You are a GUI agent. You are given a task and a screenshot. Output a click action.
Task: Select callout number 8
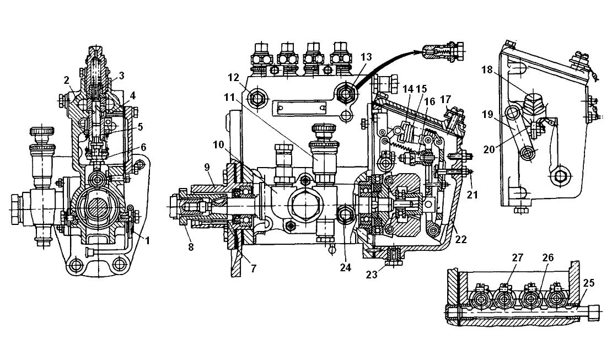click(x=191, y=247)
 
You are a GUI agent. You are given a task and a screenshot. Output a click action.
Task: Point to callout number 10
click(x=218, y=145)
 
